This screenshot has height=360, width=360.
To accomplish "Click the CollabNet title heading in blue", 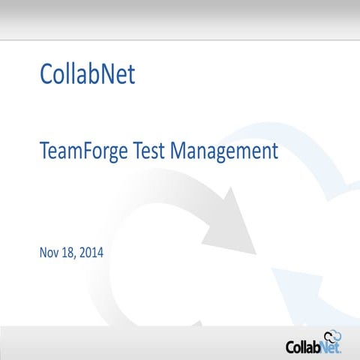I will [x=86, y=75].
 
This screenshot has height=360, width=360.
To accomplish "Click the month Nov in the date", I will [x=49, y=253].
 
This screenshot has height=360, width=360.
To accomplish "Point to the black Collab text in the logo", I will [x=304, y=346].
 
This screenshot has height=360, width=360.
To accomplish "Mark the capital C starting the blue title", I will [x=44, y=75].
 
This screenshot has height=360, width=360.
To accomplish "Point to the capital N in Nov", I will [x=43, y=253].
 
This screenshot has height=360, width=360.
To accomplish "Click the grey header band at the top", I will [x=180, y=18].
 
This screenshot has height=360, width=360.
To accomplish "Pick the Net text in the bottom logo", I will [x=333, y=346].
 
